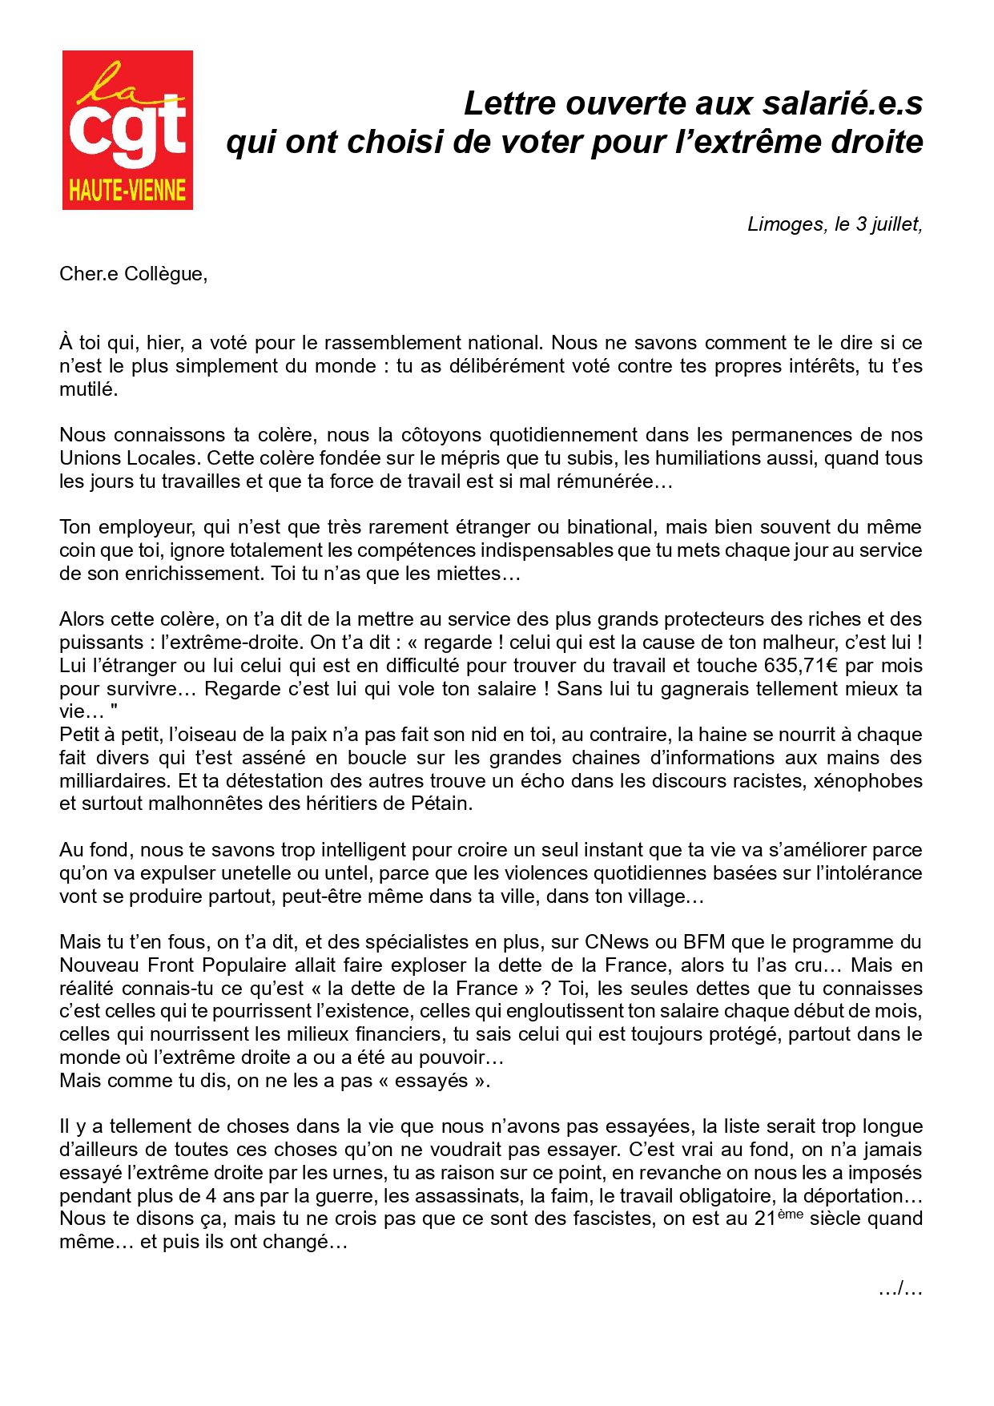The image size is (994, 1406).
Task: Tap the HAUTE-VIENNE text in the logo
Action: click(x=127, y=191)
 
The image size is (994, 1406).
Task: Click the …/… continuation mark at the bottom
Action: click(x=900, y=1289)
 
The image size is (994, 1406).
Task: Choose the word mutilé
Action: click(x=88, y=389)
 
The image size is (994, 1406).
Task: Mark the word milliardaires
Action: click(x=114, y=781)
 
